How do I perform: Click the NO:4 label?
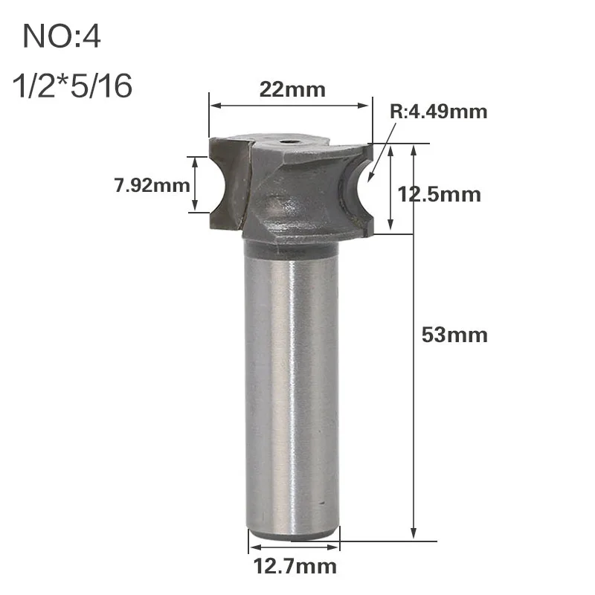[x=62, y=36]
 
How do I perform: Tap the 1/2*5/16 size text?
[x=72, y=86]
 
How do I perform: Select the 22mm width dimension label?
[x=292, y=90]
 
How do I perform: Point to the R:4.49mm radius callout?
[x=439, y=112]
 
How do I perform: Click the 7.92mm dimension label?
[x=152, y=185]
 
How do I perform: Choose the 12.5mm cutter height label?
[x=439, y=195]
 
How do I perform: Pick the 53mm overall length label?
[x=454, y=335]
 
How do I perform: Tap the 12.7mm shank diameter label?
[x=295, y=566]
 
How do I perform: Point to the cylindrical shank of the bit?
[x=292, y=387]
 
